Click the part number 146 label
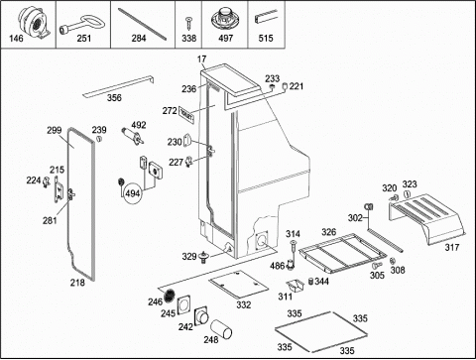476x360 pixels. (x=16, y=39)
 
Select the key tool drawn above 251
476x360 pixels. (x=82, y=25)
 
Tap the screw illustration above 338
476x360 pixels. (x=188, y=24)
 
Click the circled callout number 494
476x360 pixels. (x=133, y=193)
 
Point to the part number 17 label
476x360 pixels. (x=201, y=60)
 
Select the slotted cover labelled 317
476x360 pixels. (x=426, y=218)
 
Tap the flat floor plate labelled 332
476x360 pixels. (x=235, y=284)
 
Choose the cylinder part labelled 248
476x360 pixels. (x=221, y=329)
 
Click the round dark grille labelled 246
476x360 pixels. (x=170, y=295)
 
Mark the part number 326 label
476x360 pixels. (x=329, y=232)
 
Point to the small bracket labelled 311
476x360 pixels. (x=295, y=286)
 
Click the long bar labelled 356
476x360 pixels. (x=118, y=86)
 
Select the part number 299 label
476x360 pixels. (x=54, y=130)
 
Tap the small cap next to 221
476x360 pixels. (x=285, y=86)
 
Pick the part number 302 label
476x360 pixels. (x=355, y=218)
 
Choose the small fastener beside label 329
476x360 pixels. (x=203, y=257)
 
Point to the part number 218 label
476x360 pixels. (x=77, y=283)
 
